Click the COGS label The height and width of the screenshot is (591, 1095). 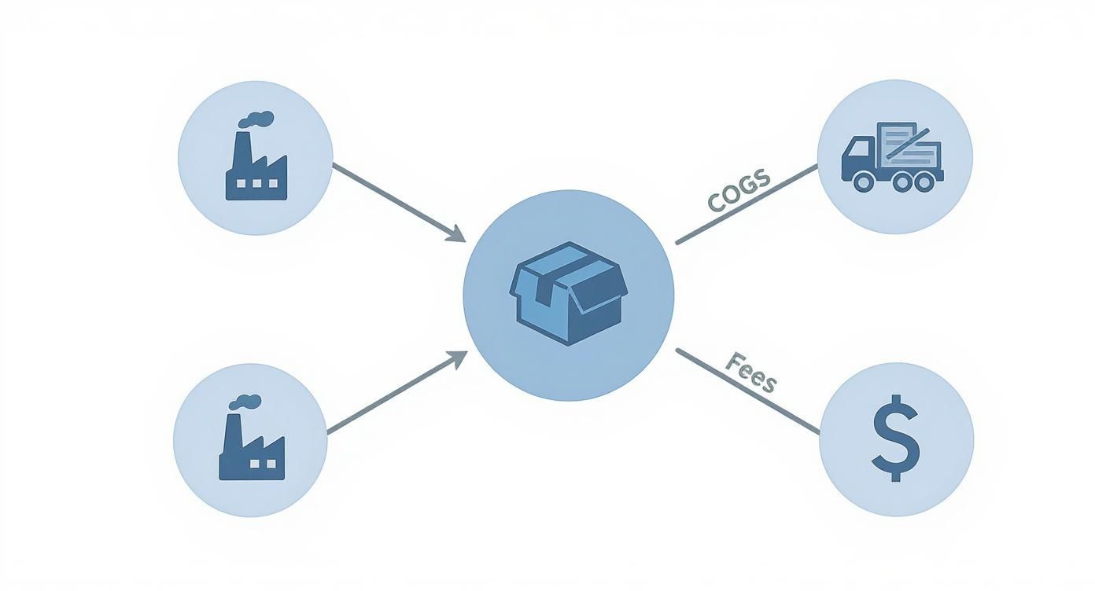click(739, 191)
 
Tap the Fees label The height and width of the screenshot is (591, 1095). click(750, 373)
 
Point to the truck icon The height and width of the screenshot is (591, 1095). click(892, 157)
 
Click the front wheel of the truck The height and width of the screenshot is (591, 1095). click(863, 182)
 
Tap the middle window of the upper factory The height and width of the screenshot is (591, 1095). click(256, 183)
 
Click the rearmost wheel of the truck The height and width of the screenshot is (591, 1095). click(925, 182)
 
